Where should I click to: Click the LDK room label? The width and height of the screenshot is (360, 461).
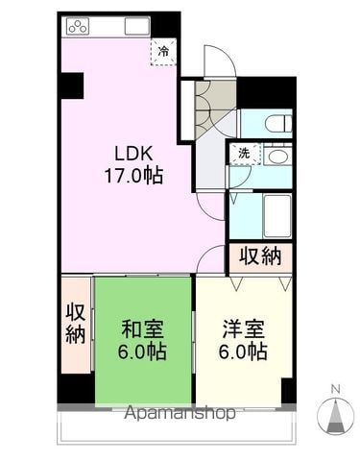click(133, 154)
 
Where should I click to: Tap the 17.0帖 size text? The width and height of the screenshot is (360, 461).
click(133, 176)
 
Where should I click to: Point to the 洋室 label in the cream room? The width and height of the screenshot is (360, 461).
click(244, 328)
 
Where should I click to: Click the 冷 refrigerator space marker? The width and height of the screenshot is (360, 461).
click(163, 52)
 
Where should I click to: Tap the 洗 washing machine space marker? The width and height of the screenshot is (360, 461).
click(245, 154)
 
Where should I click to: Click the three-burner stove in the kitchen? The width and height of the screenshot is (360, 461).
click(78, 26)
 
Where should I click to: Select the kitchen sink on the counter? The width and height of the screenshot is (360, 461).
click(137, 26)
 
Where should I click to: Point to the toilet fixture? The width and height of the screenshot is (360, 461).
click(278, 123)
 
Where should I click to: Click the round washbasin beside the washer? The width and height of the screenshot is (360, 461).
click(277, 157)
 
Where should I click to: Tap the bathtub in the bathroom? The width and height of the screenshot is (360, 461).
click(277, 215)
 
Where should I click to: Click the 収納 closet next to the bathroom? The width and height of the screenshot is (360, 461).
click(260, 256)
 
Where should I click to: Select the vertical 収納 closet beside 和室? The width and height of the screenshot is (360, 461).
click(76, 324)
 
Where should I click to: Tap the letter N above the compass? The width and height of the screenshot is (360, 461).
click(335, 389)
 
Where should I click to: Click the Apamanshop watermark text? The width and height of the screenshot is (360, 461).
click(180, 413)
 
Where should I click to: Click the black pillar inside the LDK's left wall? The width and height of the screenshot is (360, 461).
click(72, 85)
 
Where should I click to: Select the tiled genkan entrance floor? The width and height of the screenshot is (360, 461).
click(211, 106)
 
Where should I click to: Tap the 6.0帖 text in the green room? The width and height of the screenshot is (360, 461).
click(142, 352)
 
